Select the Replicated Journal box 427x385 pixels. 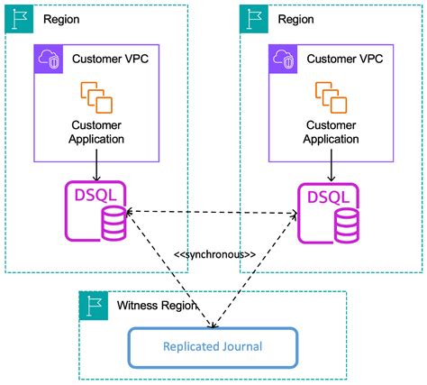[x=213, y=346]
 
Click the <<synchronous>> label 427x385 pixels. [x=214, y=254]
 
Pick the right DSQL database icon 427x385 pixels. [x=331, y=213]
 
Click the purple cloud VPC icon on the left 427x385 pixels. [x=48, y=60]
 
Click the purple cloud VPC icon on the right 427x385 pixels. [x=283, y=60]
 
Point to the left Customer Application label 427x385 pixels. [x=95, y=132]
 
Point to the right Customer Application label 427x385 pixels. [x=331, y=132]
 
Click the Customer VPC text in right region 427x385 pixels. [x=343, y=60]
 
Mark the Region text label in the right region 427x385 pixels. [x=296, y=18]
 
